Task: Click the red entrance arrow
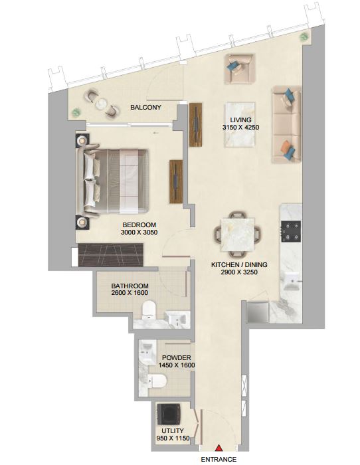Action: (219, 448)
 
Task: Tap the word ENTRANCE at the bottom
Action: (219, 460)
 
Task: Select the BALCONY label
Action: (145, 108)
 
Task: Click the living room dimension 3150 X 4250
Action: (241, 128)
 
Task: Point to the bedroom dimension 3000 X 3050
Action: (139, 232)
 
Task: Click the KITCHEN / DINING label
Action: (239, 264)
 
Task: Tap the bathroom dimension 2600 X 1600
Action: (130, 293)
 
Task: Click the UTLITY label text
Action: (173, 430)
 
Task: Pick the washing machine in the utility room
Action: (169, 414)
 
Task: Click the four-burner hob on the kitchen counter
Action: (291, 231)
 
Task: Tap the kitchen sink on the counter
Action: (291, 281)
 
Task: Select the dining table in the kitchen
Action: (238, 234)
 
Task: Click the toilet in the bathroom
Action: (149, 310)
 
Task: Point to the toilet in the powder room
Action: (157, 381)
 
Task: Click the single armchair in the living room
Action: (240, 69)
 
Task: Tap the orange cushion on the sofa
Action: (286, 146)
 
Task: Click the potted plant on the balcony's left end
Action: (76, 112)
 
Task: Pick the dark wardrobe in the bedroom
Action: (111, 255)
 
